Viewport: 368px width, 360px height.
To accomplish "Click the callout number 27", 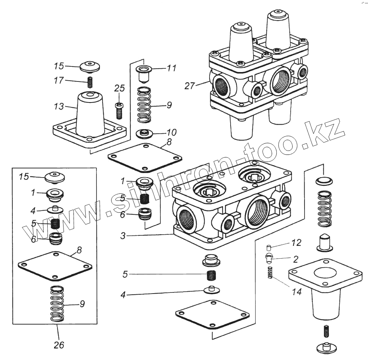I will [190, 86].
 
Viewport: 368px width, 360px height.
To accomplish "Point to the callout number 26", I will [59, 345].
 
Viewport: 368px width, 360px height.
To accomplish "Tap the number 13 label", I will [59, 107].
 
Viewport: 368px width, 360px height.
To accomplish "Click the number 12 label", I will [296, 243].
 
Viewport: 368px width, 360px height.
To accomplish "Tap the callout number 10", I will [171, 133].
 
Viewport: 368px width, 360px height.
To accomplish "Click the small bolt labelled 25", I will [119, 110].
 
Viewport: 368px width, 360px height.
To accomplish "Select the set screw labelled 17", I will [90, 81].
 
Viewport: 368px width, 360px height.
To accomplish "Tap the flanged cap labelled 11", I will [143, 73].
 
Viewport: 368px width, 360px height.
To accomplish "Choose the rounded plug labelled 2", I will [269, 259].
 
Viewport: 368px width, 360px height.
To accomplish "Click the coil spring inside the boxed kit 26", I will [57, 303].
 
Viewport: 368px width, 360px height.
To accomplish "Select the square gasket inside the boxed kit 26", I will [55, 266].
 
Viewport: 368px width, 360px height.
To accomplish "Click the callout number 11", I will [171, 68].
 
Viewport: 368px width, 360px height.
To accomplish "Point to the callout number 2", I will [296, 259].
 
